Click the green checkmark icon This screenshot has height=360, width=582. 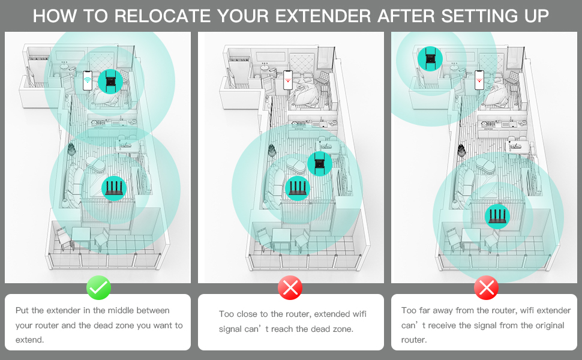pos(98,289)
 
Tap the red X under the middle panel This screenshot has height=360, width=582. pos(290,289)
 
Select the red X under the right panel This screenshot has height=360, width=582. pos(485,289)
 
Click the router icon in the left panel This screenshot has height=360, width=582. pos(113,188)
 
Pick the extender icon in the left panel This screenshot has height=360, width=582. pos(110,81)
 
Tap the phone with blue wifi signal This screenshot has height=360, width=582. pos(88,81)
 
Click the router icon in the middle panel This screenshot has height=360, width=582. pos(298,188)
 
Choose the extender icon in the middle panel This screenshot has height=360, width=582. pos(319,163)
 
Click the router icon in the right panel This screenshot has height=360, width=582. pos(497,216)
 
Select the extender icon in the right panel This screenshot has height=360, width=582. pos(430,59)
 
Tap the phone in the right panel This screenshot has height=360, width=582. pos(479,79)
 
